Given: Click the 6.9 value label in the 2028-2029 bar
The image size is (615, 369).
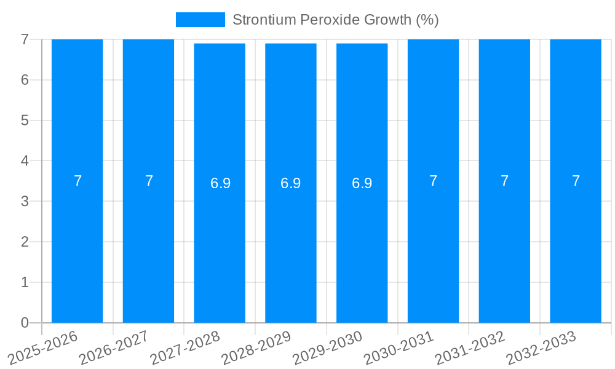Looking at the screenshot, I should pyautogui.click(x=290, y=183).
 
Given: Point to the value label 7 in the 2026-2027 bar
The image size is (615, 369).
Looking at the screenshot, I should pyautogui.click(x=149, y=181).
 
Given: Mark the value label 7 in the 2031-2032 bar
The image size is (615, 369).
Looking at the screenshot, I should pyautogui.click(x=504, y=181).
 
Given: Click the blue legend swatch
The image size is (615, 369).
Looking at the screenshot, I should pyautogui.click(x=200, y=20).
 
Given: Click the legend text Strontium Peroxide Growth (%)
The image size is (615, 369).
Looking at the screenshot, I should pyautogui.click(x=335, y=20).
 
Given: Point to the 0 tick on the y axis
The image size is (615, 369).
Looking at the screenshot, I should pyautogui.click(x=25, y=323).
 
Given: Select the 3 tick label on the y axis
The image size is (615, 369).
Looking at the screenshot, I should pyautogui.click(x=25, y=202).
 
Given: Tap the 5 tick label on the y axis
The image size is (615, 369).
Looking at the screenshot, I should pyautogui.click(x=25, y=121).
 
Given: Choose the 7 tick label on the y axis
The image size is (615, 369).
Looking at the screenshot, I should pyautogui.click(x=25, y=39).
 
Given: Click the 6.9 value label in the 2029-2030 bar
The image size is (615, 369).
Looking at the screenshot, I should pyautogui.click(x=362, y=183).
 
